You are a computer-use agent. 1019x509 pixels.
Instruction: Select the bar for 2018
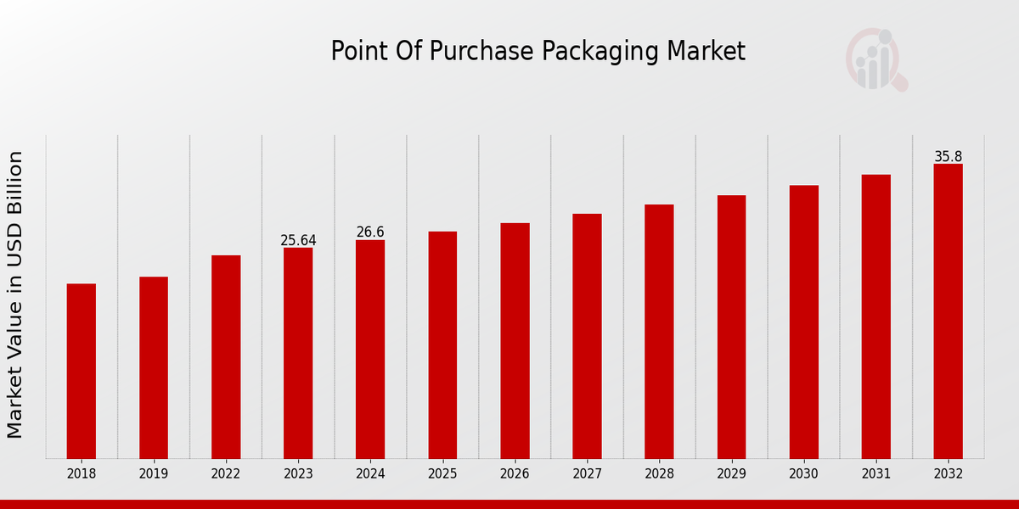[82, 371]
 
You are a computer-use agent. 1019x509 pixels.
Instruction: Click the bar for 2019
[154, 367]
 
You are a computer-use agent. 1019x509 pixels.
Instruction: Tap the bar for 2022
[226, 356]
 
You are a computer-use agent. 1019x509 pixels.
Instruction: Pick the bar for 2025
[442, 344]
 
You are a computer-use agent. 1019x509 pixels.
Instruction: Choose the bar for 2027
[587, 336]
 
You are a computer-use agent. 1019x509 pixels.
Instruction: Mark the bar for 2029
[731, 327]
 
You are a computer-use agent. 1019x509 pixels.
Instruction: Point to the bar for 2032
[948, 310]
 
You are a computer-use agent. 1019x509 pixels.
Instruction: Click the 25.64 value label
[298, 241]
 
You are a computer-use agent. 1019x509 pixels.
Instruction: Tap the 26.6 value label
[370, 232]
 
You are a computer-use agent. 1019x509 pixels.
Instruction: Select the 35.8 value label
[948, 157]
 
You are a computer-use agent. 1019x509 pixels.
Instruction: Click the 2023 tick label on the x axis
[298, 474]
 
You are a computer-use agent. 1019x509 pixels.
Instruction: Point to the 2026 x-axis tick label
[515, 474]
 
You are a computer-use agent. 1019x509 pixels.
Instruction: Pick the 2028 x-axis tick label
[659, 474]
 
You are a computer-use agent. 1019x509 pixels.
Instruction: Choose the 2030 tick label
[803, 474]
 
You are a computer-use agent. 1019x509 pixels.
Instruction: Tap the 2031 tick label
[875, 474]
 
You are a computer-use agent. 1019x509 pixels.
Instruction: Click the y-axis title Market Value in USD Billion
[15, 294]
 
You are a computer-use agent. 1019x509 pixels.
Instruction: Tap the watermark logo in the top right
[875, 59]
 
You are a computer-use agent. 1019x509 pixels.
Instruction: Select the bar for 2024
[370, 349]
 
